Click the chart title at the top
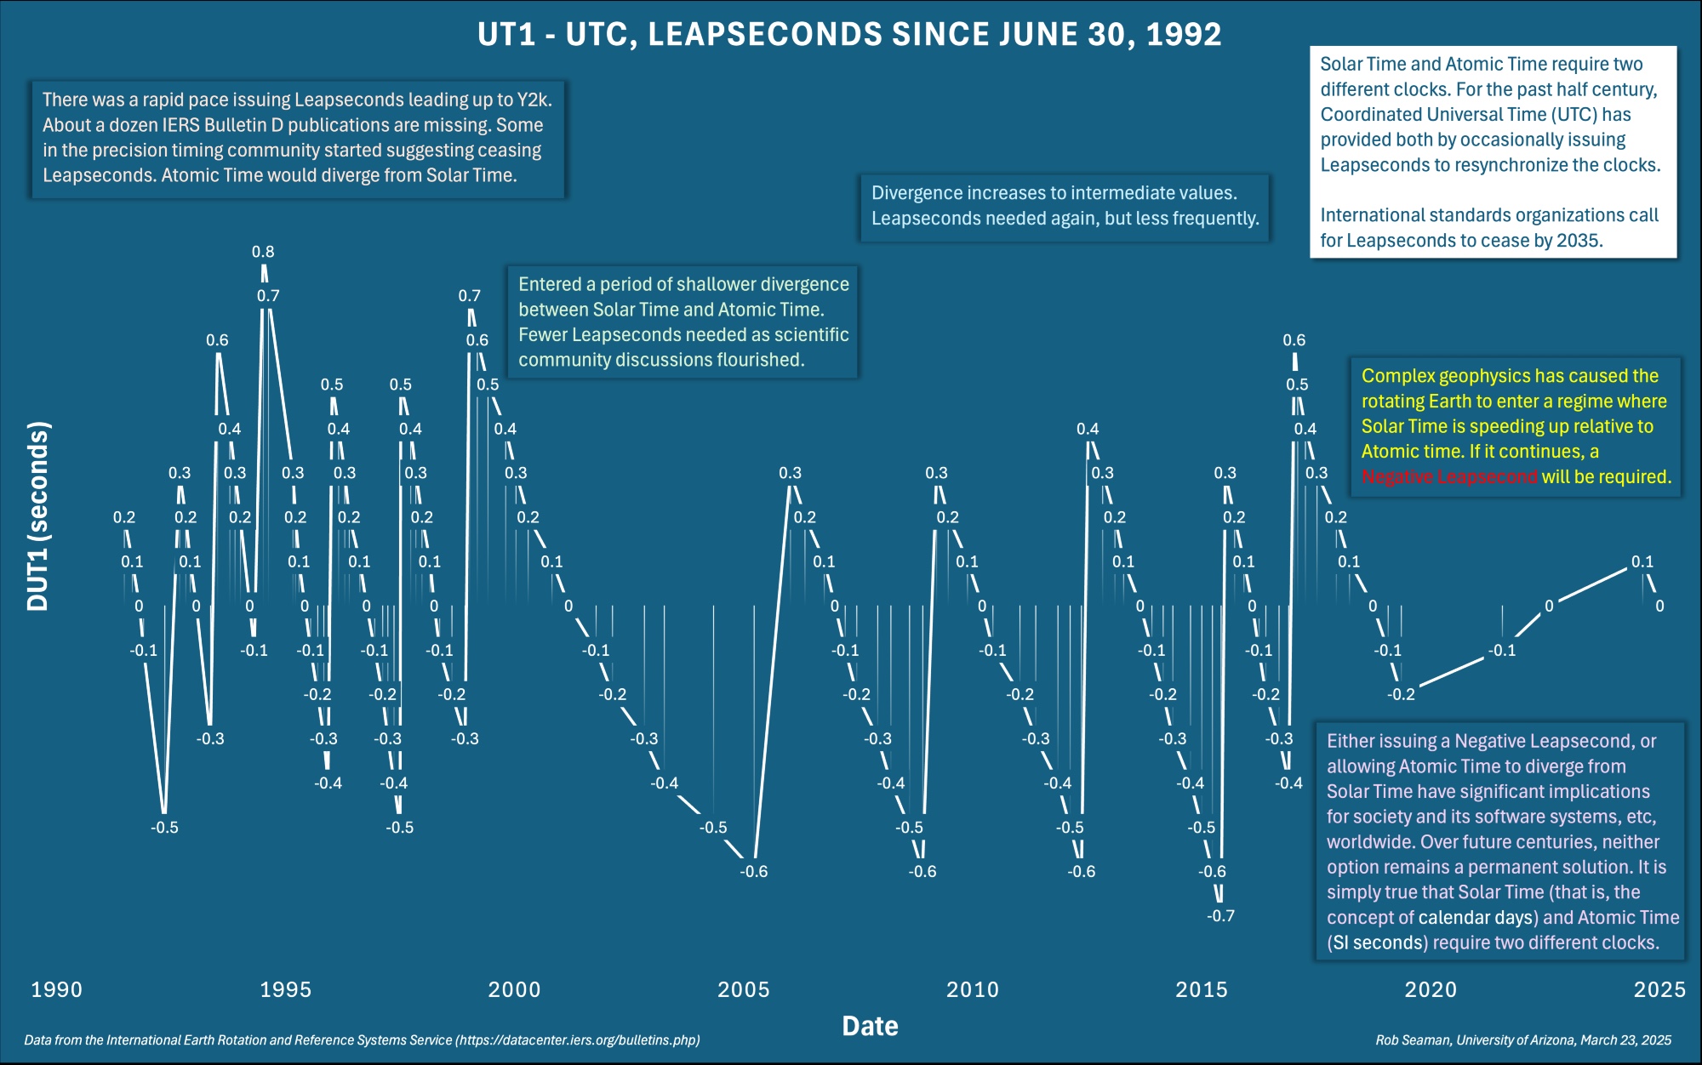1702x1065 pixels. (x=849, y=35)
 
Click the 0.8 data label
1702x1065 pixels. (x=263, y=252)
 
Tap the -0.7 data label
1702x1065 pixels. (x=1220, y=916)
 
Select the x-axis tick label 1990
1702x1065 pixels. (x=56, y=989)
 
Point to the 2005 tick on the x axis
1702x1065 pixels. (x=744, y=989)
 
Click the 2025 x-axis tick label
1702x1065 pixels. (x=1659, y=989)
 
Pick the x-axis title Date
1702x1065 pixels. (x=870, y=1026)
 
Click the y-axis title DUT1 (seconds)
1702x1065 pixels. (x=38, y=516)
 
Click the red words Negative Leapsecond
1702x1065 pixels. (x=1448, y=477)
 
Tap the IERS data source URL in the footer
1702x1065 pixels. (x=577, y=1040)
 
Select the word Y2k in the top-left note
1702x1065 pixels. (x=534, y=100)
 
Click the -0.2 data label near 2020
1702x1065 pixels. (x=1401, y=694)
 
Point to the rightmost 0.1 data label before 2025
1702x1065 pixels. (x=1642, y=561)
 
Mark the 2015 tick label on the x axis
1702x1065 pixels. (x=1202, y=989)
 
